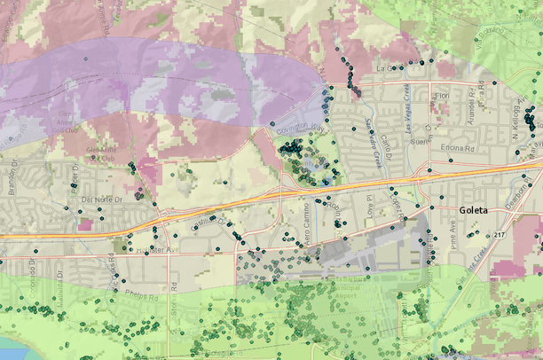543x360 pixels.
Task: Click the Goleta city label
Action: [x=480, y=211]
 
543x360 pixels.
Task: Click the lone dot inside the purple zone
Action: [x=86, y=59]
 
